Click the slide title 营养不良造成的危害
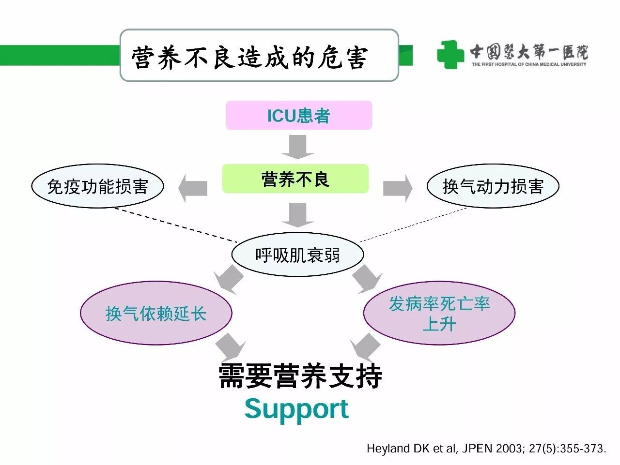pyautogui.click(x=250, y=57)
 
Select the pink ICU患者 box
pyautogui.click(x=298, y=116)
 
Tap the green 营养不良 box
pyautogui.click(x=295, y=180)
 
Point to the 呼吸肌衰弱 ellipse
pyautogui.click(x=297, y=255)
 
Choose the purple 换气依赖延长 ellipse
pyautogui.click(x=156, y=314)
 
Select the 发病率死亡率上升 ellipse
pyautogui.click(x=439, y=314)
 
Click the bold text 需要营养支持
pyautogui.click(x=300, y=376)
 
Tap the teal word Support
pyautogui.click(x=296, y=409)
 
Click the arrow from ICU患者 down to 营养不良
pyautogui.click(x=297, y=147)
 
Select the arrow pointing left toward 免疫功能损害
pyautogui.click(x=193, y=188)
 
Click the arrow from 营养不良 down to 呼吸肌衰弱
pyautogui.click(x=297, y=215)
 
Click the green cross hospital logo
pyautogui.click(x=450, y=54)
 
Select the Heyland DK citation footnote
pyautogui.click(x=486, y=449)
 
